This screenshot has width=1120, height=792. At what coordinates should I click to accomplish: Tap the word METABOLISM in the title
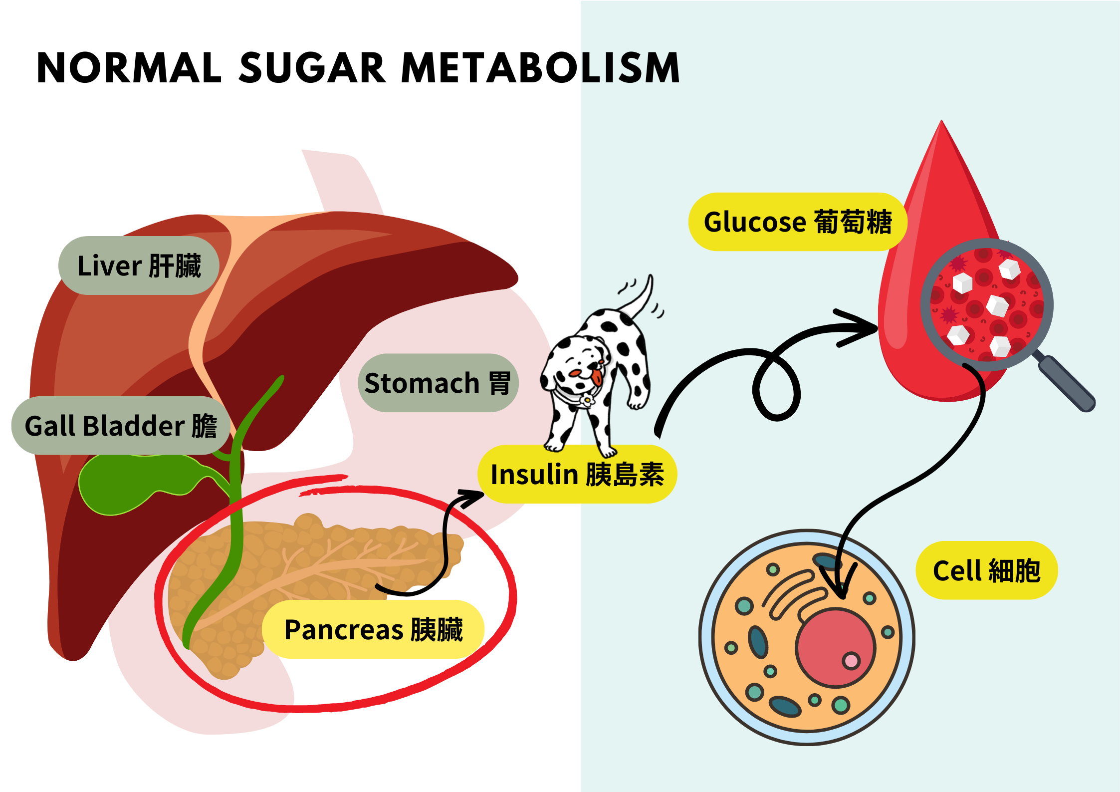540,68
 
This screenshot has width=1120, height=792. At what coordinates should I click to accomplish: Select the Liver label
139,265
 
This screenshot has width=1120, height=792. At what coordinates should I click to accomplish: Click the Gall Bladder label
121,426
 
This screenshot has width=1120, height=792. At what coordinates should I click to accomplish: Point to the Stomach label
438,383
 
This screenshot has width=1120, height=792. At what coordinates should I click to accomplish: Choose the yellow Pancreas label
373,629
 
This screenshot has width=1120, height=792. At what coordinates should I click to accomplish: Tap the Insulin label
577,474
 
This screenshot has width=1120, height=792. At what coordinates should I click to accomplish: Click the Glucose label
797,222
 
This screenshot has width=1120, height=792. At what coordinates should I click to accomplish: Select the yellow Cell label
986,570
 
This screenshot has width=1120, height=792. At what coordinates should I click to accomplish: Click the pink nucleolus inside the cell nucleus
851,661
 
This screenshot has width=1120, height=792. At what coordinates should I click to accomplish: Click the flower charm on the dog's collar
587,399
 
